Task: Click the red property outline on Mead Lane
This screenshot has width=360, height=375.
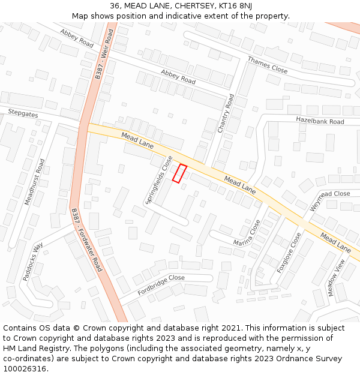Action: pos(180,173)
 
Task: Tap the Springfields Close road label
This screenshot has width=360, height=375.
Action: pos(159,179)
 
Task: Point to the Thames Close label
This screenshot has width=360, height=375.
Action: pos(268,65)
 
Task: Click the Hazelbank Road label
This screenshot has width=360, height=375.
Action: pos(320,121)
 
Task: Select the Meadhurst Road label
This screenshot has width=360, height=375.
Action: pos(34,182)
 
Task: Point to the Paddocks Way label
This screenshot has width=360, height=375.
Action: pos(33,262)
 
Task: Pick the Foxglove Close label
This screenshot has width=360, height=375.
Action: pos(289,253)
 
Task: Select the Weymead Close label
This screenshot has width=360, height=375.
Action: pos(330,201)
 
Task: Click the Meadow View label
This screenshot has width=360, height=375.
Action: pos(337,277)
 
